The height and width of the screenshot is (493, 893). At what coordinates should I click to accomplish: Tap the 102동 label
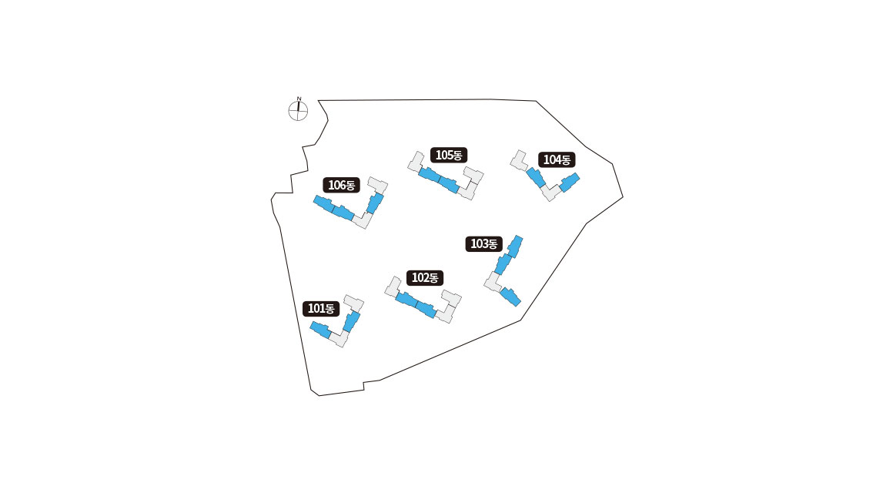(x=425, y=278)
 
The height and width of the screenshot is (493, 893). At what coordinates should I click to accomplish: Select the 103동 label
(x=484, y=244)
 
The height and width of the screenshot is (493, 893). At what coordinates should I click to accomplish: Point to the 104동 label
(x=557, y=160)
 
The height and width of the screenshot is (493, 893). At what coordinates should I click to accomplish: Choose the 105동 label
(x=448, y=155)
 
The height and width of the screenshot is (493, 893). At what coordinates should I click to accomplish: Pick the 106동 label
(x=341, y=185)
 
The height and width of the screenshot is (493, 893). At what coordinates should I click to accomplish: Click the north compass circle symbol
(x=298, y=112)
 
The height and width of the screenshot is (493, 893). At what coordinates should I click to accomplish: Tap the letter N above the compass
(x=299, y=99)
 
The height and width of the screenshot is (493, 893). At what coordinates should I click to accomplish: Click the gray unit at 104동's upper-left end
(x=518, y=159)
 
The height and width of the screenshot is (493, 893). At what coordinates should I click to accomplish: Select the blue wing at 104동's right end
(x=569, y=183)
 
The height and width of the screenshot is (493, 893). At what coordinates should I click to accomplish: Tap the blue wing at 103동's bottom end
(x=510, y=296)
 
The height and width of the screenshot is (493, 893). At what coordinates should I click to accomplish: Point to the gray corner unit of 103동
(x=493, y=281)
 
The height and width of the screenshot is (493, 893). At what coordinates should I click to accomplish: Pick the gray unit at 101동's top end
(x=354, y=301)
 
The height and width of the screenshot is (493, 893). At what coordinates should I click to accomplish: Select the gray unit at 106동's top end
(x=378, y=184)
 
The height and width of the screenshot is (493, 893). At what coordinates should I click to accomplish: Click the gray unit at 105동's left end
(x=416, y=161)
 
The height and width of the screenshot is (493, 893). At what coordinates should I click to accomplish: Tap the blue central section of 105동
(x=439, y=179)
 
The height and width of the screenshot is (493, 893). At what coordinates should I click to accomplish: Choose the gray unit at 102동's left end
(x=393, y=286)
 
